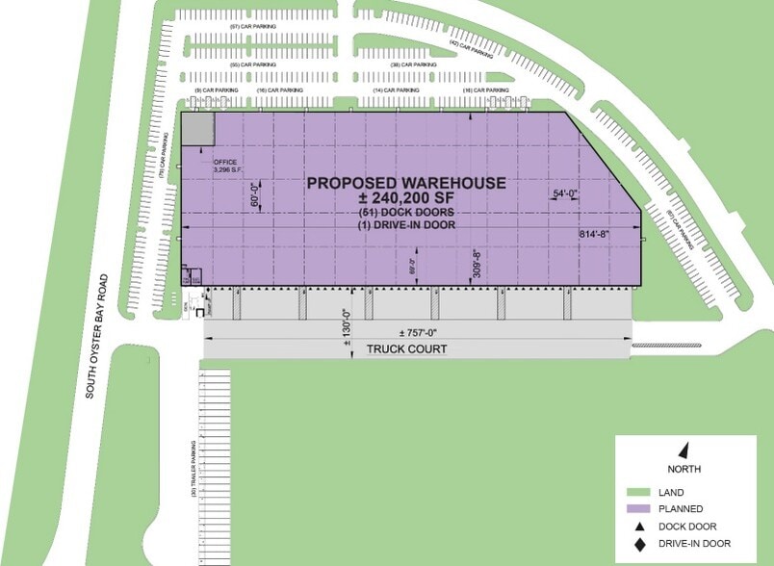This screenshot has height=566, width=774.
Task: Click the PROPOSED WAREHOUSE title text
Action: click(404, 183)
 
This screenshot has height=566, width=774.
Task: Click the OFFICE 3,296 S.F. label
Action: click(224, 166)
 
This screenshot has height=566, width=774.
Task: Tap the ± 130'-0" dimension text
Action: click(346, 325)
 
